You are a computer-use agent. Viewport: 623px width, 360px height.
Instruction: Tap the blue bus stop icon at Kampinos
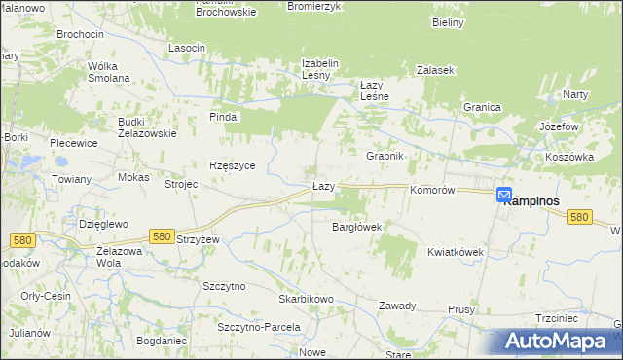point(503,195)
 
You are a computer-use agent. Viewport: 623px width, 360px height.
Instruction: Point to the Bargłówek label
point(356,227)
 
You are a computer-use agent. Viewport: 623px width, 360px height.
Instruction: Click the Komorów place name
point(432,191)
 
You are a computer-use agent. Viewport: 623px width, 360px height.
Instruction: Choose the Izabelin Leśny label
point(319,69)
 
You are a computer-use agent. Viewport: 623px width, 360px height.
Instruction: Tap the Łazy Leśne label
point(375,90)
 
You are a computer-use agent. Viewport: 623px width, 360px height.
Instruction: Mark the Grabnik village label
point(385,156)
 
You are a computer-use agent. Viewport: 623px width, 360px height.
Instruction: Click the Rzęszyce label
point(233,165)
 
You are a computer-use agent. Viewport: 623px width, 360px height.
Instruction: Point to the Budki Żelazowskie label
point(146,127)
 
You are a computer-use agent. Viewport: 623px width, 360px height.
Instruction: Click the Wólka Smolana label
point(108,73)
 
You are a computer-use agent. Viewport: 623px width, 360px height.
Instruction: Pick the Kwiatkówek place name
point(456,252)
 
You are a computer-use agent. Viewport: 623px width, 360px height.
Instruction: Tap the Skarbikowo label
point(306,299)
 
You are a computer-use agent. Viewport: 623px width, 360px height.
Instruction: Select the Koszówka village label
point(569,157)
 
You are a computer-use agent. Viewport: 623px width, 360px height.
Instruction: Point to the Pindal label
point(224,117)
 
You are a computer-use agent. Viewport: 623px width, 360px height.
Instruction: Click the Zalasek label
point(436,71)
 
